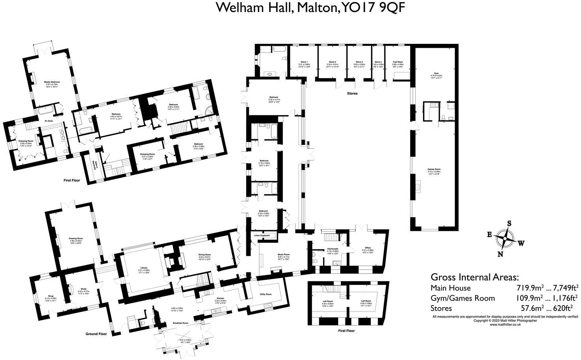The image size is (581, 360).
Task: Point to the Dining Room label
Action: tap(204, 255)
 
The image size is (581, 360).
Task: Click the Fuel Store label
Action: tap(397, 62)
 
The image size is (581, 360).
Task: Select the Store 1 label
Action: tap(304, 62)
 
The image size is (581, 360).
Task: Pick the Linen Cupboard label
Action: tap(262, 235)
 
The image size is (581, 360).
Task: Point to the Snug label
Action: tap(51, 296)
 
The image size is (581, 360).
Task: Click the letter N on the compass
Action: tap(500, 254)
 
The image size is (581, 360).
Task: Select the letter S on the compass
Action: tap(509, 223)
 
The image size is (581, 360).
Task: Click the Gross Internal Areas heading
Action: tap(474, 277)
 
